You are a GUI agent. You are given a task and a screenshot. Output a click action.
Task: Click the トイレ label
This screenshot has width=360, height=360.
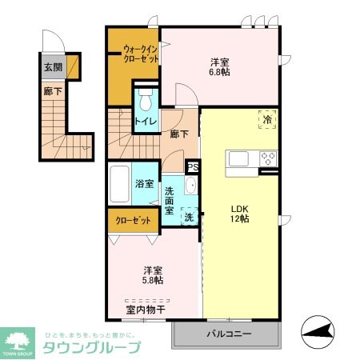[x=145, y=122]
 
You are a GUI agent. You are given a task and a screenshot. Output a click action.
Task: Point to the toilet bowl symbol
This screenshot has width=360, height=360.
[x=145, y=102]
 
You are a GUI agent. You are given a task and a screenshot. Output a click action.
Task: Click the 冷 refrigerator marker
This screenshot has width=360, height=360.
[x=267, y=119]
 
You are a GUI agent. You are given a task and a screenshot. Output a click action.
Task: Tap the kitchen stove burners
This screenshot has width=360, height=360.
[x=268, y=158]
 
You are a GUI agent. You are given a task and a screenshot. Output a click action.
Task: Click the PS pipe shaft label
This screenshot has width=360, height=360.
[x=192, y=167]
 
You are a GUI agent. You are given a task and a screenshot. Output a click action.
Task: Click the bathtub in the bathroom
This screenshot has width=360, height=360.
[x=120, y=186]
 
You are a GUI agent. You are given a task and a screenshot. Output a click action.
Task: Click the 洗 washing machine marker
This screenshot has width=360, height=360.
[x=189, y=216]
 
